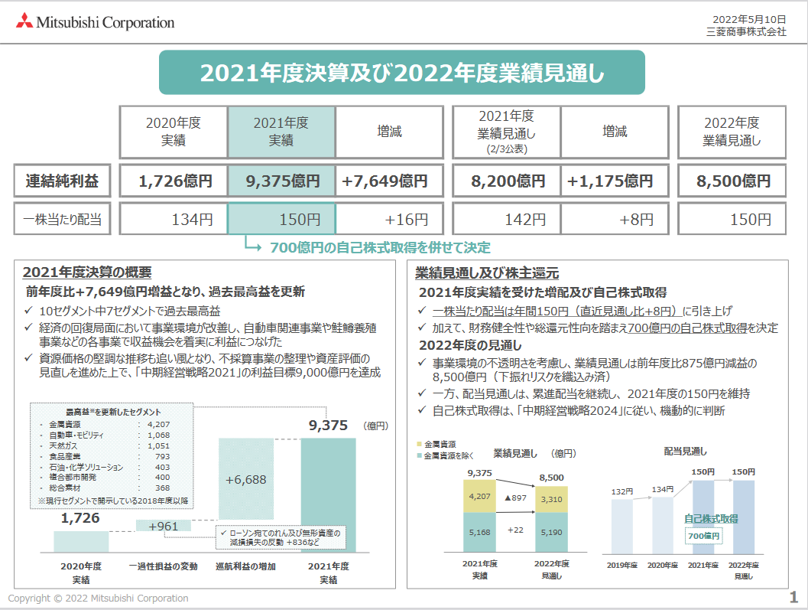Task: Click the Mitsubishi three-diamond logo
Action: point(25,22)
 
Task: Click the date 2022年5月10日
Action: point(748,18)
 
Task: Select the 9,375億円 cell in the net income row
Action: point(281,182)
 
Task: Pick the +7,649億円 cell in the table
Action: point(389,182)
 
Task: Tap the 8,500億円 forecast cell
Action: point(733,182)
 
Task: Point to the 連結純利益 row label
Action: point(63,182)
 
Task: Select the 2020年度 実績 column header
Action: point(173,132)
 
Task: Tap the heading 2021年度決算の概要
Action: point(87,272)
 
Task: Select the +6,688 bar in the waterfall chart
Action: point(246,480)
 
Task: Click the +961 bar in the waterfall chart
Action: point(163,527)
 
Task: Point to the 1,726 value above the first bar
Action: point(81,519)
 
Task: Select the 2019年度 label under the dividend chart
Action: point(621,565)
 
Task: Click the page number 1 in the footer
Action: point(793,597)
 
